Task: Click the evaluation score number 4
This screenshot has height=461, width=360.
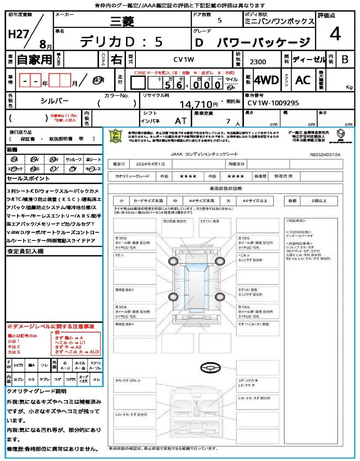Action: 334,34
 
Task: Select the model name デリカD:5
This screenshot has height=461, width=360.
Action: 121,42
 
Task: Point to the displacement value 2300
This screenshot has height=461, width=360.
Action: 257,62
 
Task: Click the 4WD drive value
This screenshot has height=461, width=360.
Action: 266,80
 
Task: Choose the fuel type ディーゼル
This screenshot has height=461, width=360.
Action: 308,59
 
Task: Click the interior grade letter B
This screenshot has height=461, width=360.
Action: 345,59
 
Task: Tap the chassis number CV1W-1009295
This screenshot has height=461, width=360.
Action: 273,103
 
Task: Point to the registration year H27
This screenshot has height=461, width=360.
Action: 18,34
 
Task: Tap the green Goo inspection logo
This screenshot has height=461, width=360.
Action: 116,136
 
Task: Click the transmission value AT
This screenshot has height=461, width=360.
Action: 181,121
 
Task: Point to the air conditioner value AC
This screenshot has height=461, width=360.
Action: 303,80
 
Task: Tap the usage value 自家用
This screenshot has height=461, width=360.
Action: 35,59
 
